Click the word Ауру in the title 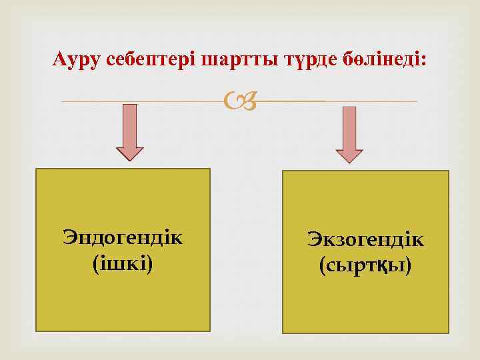[75, 59]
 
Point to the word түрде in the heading [301, 59]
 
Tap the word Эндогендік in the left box [123, 237]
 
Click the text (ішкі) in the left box [123, 264]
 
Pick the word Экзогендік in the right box [365, 239]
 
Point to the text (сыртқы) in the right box [365, 266]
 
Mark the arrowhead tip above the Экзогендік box [349, 161]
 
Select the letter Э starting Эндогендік [68, 237]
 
